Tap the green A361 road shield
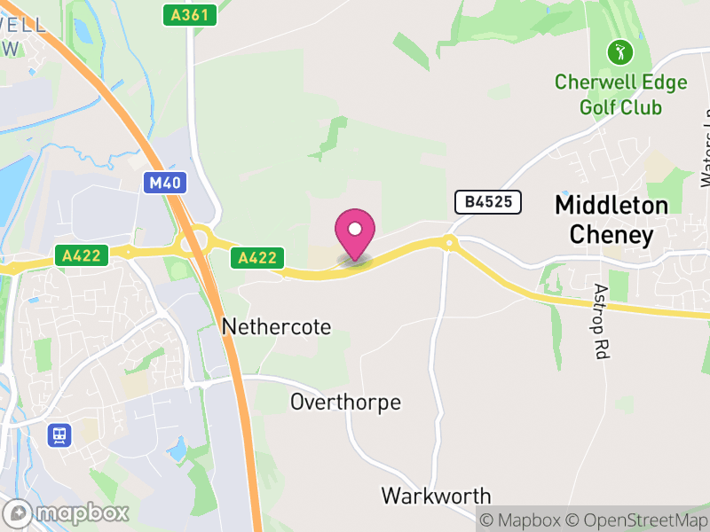pos(191,15)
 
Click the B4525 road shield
pos(488,202)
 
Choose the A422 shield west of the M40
pos(81,256)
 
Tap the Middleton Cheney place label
pos(611,220)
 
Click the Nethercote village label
pos(276,327)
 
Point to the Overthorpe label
pos(345,403)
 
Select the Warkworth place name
pos(436,495)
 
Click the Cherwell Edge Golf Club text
pos(620,95)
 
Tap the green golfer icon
pos(619,51)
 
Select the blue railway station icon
pos(59,435)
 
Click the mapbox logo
pos(67,512)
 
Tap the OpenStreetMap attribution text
pos(635,520)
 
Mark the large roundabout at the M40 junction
pos(193,240)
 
